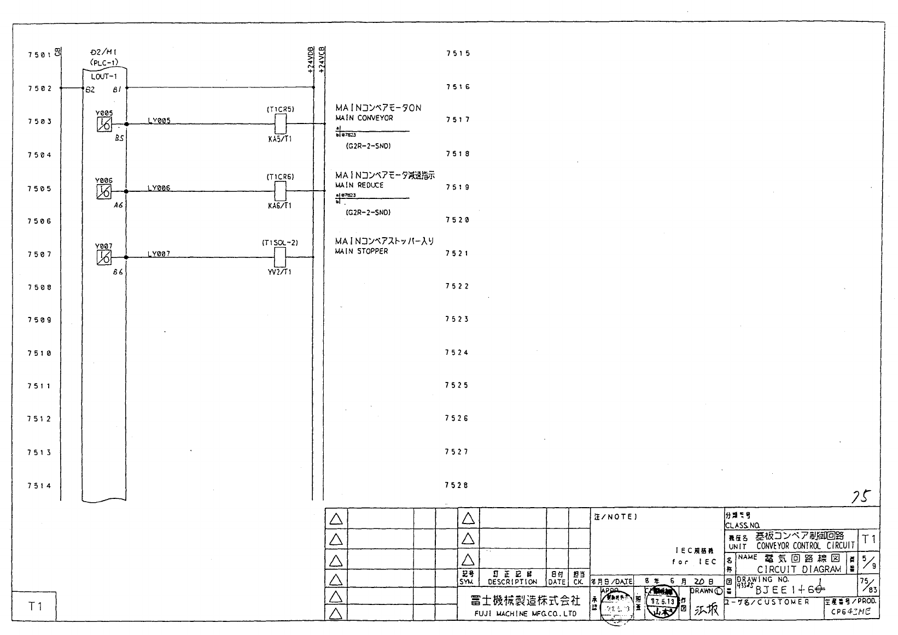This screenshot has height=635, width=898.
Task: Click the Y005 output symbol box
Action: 104,124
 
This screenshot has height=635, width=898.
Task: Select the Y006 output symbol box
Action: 104,191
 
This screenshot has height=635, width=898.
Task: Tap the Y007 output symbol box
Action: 104,257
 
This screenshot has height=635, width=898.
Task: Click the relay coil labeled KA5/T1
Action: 280,124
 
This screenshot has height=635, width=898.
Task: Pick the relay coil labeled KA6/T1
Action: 280,191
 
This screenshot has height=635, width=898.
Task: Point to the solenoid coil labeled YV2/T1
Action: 280,257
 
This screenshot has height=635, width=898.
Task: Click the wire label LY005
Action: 159,121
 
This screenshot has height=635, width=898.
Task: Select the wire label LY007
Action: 159,254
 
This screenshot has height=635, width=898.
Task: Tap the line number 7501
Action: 39,55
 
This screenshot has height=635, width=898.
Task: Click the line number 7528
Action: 457,485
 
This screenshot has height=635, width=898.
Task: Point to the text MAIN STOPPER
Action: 361,251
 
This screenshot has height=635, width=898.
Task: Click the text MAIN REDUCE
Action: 359,185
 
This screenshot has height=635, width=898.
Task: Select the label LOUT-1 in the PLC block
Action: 104,77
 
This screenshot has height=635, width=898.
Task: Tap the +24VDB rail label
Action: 311,60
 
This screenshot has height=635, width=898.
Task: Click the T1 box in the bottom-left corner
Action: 35,606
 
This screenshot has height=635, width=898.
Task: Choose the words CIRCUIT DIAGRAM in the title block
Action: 799,569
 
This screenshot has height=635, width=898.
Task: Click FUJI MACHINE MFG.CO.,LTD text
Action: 517,614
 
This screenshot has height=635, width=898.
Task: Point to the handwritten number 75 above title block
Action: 860,497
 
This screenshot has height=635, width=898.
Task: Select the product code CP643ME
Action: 850,612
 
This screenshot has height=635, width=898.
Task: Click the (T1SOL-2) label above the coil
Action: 280,243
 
